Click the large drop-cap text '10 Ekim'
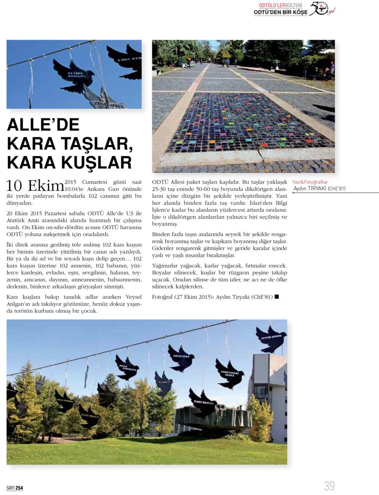[x=35, y=186]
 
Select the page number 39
[x=329, y=485]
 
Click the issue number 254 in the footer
[x=19, y=488]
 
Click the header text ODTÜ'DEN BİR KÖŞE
[x=280, y=12]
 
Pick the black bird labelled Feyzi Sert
[x=180, y=358]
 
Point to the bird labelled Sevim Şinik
[x=271, y=338]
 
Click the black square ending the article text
[x=277, y=296]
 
